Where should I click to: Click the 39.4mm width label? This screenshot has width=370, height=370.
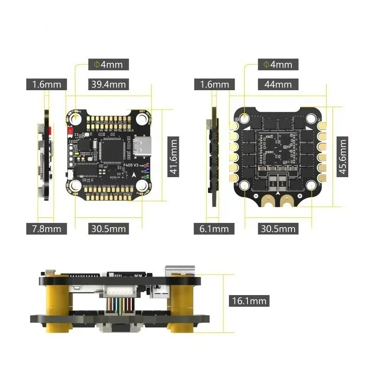pos(108,84)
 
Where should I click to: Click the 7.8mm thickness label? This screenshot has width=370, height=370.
pos(47,228)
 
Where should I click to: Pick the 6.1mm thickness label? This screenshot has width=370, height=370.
pos(215,228)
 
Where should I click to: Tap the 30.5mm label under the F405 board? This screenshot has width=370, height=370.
pos(108,228)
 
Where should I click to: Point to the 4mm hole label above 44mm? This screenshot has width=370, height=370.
pos(277,64)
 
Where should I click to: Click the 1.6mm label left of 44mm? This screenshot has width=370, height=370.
pos(215,84)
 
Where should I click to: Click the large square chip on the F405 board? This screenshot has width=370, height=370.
pos(111,148)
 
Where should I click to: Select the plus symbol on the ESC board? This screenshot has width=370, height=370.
pos(299,197)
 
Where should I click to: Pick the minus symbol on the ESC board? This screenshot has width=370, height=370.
pos(255,197)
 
